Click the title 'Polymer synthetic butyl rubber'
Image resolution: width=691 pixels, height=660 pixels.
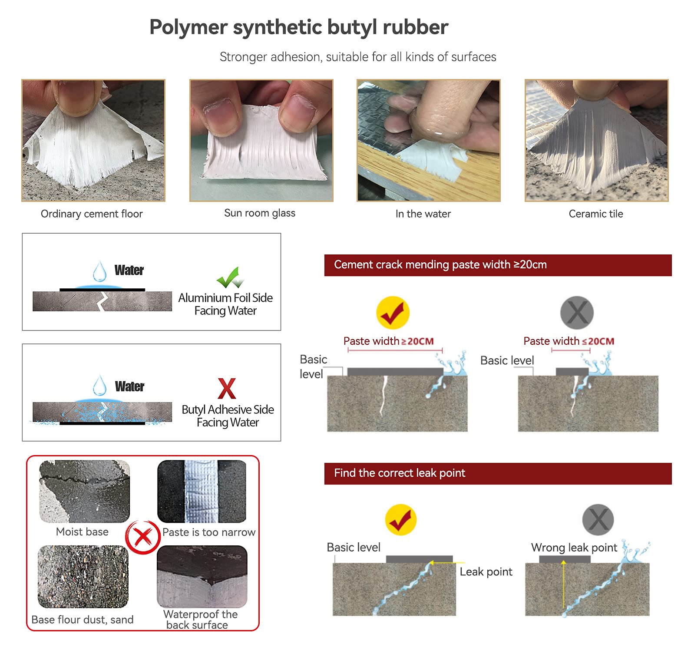click(x=299, y=28)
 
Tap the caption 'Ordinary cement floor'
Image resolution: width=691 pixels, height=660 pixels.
click(x=92, y=214)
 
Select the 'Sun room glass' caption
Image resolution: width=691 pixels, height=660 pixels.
click(x=260, y=213)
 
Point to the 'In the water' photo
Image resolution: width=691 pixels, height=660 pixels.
click(x=428, y=140)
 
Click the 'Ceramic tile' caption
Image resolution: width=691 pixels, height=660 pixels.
click(x=596, y=214)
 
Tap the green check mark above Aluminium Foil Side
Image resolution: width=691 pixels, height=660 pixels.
click(x=230, y=278)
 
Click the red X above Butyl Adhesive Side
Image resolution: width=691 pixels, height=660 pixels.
click(x=227, y=388)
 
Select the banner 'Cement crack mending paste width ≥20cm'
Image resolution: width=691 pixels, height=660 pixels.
click(x=498, y=265)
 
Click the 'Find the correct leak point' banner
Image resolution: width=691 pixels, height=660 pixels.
click(x=498, y=473)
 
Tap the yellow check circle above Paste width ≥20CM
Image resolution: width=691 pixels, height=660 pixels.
click(x=393, y=313)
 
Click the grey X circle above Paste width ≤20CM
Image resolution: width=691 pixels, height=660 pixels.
click(x=577, y=313)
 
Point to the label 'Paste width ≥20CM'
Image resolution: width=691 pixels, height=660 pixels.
click(x=389, y=341)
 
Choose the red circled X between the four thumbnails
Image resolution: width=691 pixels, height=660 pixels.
click(x=143, y=537)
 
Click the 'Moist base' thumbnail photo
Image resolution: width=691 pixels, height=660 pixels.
click(x=85, y=491)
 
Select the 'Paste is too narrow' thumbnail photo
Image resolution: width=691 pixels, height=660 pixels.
click(x=202, y=491)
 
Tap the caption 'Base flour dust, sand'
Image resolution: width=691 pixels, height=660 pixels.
click(x=83, y=620)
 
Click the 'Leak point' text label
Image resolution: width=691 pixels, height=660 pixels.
click(x=486, y=572)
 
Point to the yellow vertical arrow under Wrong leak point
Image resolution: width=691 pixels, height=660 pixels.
click(x=563, y=584)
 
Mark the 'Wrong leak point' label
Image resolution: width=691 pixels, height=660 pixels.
click(x=574, y=548)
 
